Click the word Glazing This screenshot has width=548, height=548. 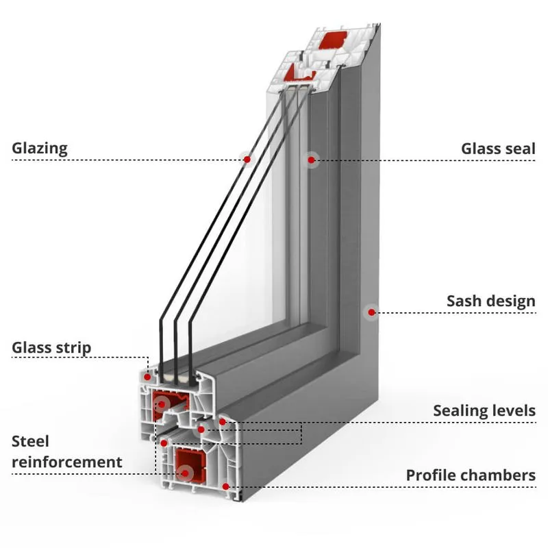pyautogui.click(x=40, y=149)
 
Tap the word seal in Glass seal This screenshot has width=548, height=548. pyautogui.click(x=519, y=149)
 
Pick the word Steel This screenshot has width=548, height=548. pyautogui.click(x=31, y=441)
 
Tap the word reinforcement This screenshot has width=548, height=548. pyautogui.click(x=66, y=462)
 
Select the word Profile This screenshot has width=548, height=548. pyautogui.click(x=429, y=475)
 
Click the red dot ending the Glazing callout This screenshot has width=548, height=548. pyautogui.click(x=247, y=159)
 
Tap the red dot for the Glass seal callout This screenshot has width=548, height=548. pyautogui.click(x=312, y=160)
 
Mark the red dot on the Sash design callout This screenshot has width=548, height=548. pyautogui.click(x=371, y=312)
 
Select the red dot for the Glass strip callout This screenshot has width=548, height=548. pyautogui.click(x=148, y=375)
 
